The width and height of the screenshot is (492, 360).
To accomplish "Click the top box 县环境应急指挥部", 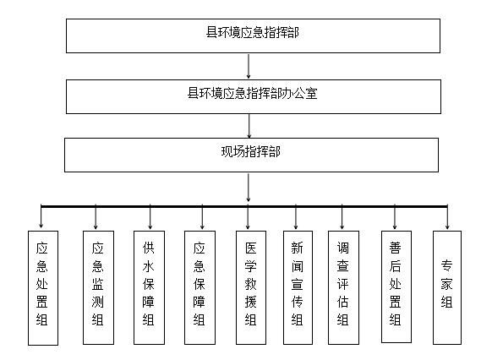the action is click(x=253, y=35).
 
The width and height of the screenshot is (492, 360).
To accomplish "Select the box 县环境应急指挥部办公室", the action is click(x=254, y=96).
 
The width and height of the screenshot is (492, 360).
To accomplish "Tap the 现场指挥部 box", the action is click(x=251, y=155).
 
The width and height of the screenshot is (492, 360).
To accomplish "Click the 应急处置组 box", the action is click(x=43, y=288).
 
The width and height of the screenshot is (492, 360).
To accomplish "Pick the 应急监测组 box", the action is click(x=98, y=287).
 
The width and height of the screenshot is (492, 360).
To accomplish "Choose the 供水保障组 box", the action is click(x=149, y=287).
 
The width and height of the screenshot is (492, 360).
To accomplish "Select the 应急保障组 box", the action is click(x=200, y=287).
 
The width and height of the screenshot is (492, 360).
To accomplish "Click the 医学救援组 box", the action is click(x=251, y=287).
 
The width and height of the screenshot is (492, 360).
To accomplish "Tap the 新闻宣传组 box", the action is click(x=298, y=287).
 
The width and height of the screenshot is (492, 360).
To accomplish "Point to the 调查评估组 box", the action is click(x=343, y=287).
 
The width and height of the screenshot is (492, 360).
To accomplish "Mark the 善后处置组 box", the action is click(x=396, y=286).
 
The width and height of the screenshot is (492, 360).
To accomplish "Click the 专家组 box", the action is click(x=447, y=287).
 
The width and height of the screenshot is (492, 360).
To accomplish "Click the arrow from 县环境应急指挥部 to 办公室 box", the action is click(x=249, y=66).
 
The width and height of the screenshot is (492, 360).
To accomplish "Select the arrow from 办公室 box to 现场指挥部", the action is click(x=249, y=126).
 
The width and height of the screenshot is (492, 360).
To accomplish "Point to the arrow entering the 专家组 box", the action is click(x=447, y=217).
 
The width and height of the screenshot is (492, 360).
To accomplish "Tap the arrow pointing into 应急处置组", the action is click(x=41, y=217).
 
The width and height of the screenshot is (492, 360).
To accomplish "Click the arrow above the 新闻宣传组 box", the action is click(x=296, y=217).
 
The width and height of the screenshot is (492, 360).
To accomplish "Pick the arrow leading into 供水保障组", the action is click(x=150, y=217).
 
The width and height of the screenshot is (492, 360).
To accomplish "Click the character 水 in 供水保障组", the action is click(x=149, y=266).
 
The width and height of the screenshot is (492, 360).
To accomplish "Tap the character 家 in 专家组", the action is click(x=446, y=284).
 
